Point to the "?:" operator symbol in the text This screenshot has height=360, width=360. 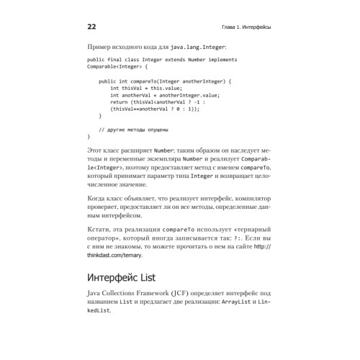coord(216,244)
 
